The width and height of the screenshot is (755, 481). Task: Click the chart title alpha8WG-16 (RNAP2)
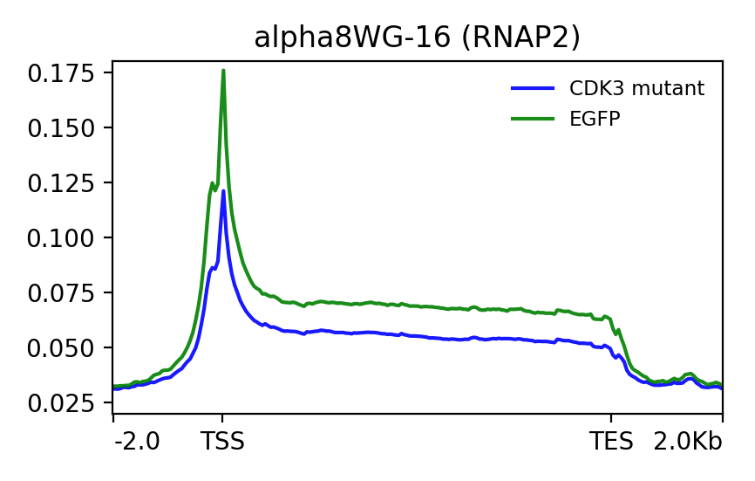pyautogui.click(x=417, y=38)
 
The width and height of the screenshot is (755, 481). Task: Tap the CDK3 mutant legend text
pyautogui.click(x=636, y=88)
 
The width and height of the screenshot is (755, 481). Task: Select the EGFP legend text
pyautogui.click(x=594, y=120)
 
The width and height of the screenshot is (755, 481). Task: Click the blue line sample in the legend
pyautogui.click(x=532, y=88)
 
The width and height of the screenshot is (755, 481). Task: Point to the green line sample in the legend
pyautogui.click(x=532, y=120)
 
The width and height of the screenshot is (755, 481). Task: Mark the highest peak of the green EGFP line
pyautogui.click(x=223, y=71)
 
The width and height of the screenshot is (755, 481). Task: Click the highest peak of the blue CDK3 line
pyautogui.click(x=223, y=190)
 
